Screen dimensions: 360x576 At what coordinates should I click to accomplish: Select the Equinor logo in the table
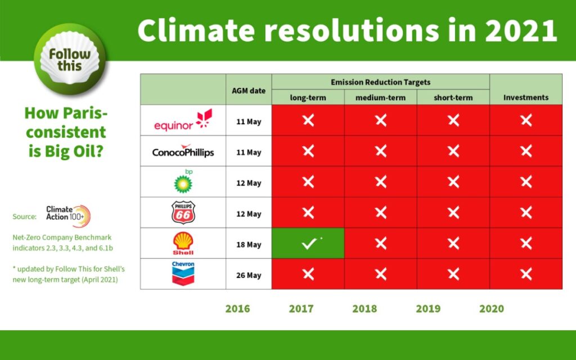(x=182, y=121)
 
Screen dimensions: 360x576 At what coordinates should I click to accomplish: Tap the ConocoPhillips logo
(x=183, y=151)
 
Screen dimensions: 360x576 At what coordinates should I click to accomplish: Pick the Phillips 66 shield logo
(x=183, y=213)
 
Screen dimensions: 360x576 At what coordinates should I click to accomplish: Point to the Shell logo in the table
(x=183, y=244)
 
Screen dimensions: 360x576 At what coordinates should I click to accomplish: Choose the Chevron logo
(x=183, y=273)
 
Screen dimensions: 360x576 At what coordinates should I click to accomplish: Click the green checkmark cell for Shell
(x=308, y=244)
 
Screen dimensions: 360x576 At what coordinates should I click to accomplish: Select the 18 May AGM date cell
(x=248, y=245)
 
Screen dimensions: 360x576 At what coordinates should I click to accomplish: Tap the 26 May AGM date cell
(x=248, y=276)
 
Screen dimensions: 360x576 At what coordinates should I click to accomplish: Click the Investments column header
(x=526, y=97)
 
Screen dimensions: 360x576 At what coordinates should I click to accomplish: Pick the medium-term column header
(x=380, y=97)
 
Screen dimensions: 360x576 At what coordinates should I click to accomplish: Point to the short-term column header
(x=453, y=97)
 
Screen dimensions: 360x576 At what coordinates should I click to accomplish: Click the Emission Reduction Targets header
(x=380, y=82)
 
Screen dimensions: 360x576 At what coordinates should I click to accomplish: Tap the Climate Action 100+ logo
(x=67, y=216)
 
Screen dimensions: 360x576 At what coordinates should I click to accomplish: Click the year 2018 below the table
(x=364, y=309)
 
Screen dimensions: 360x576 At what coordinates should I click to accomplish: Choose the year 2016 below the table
(x=237, y=309)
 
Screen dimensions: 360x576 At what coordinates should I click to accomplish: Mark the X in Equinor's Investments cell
(x=526, y=120)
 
